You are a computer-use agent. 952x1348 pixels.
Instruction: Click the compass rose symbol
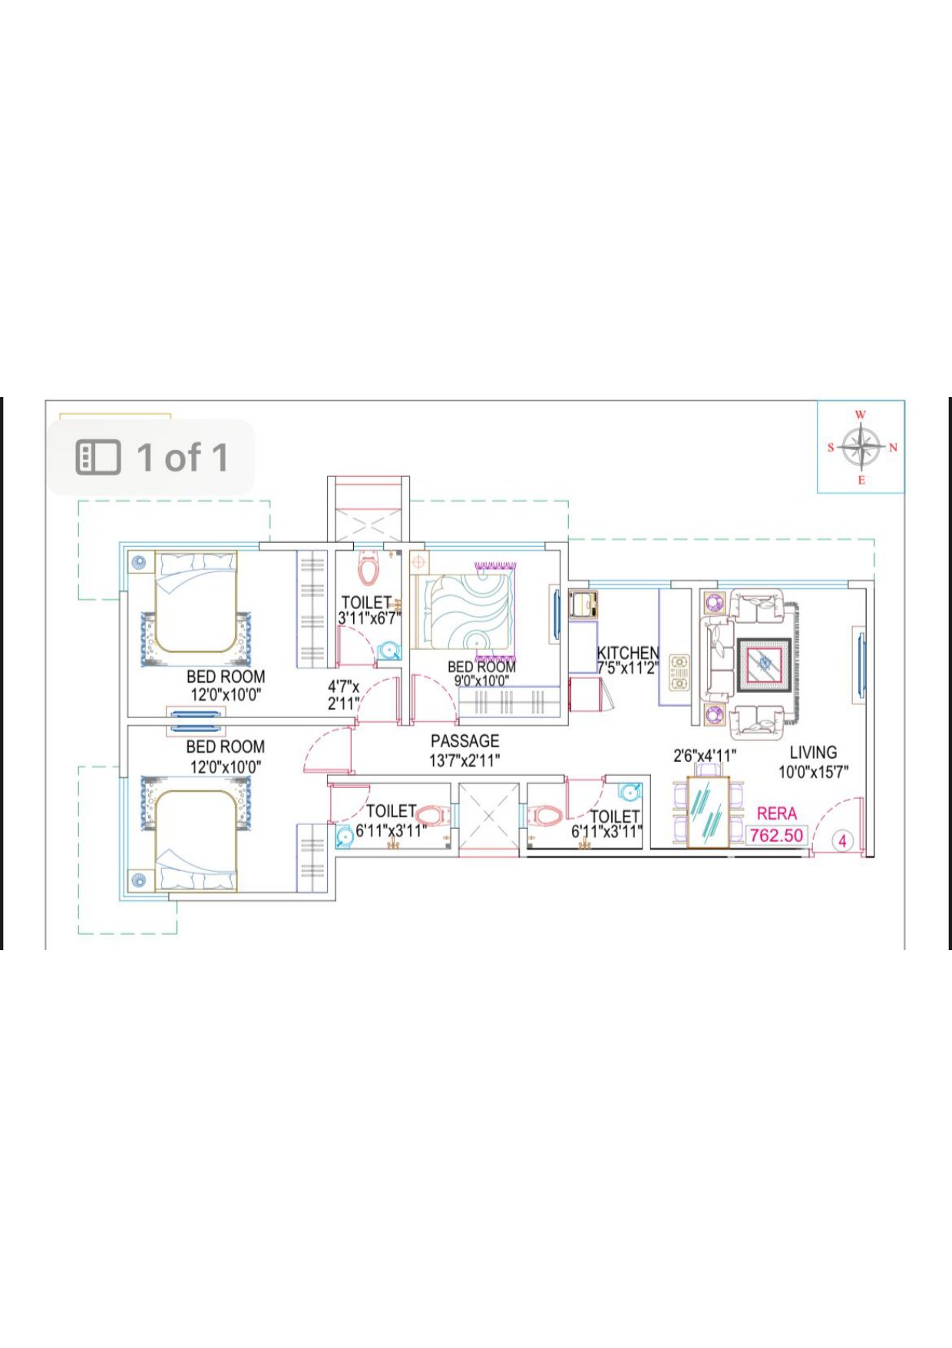[861, 447]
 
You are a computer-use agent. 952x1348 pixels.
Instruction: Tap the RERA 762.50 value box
[777, 835]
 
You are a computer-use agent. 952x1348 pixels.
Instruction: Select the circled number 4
[842, 841]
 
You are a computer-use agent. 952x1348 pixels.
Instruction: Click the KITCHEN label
[628, 653]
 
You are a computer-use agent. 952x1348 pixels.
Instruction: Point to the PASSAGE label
[464, 741]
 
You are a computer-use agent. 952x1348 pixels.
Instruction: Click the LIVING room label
[813, 753]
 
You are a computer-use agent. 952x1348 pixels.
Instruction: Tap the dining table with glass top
[708, 813]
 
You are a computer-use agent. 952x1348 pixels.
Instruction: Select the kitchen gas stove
[679, 673]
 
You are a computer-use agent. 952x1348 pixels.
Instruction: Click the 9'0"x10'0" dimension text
[481, 681]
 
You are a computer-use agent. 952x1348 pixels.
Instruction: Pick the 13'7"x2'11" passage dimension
[464, 760]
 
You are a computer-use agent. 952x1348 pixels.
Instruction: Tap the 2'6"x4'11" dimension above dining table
[705, 756]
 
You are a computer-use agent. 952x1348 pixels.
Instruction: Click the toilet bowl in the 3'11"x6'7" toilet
[369, 569]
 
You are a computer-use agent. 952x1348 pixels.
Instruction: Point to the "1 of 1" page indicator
[183, 457]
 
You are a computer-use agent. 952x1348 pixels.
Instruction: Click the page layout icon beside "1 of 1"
[98, 457]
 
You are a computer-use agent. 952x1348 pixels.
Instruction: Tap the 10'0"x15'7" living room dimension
[813, 772]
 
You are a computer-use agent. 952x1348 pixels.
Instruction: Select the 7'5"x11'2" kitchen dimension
[628, 668]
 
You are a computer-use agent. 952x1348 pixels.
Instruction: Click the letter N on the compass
[893, 447]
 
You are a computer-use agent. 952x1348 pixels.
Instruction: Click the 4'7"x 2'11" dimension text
[343, 695]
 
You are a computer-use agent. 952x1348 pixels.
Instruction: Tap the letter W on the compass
[861, 415]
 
